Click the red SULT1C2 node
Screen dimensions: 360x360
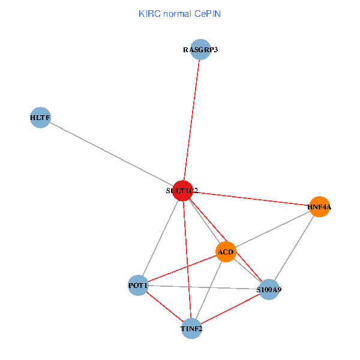pos(182,190)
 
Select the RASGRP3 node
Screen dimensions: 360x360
pos(200,50)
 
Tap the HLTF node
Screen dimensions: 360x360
pos(40,118)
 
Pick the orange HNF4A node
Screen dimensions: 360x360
pos(319,207)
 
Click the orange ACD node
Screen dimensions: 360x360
pos(226,251)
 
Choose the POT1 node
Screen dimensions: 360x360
pos(138,286)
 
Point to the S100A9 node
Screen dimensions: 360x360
pos(269,290)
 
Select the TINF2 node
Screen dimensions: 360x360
pos(191,329)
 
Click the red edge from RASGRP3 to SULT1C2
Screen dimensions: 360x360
pos(191,120)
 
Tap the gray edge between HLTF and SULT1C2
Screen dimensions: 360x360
pos(111,154)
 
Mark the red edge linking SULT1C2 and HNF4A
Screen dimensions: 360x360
pos(251,199)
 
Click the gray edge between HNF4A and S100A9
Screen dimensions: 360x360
pos(294,248)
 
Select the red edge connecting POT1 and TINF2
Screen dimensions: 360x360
pos(164,307)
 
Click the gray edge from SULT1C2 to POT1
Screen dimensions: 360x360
pos(160,238)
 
